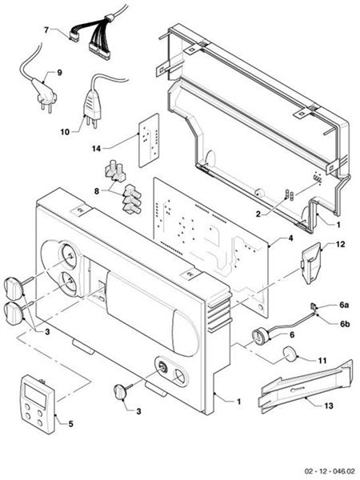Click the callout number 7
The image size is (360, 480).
click(47, 30)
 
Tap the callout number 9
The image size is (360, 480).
click(58, 73)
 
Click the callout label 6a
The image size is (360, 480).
click(344, 306)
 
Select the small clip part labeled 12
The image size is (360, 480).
click(310, 262)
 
